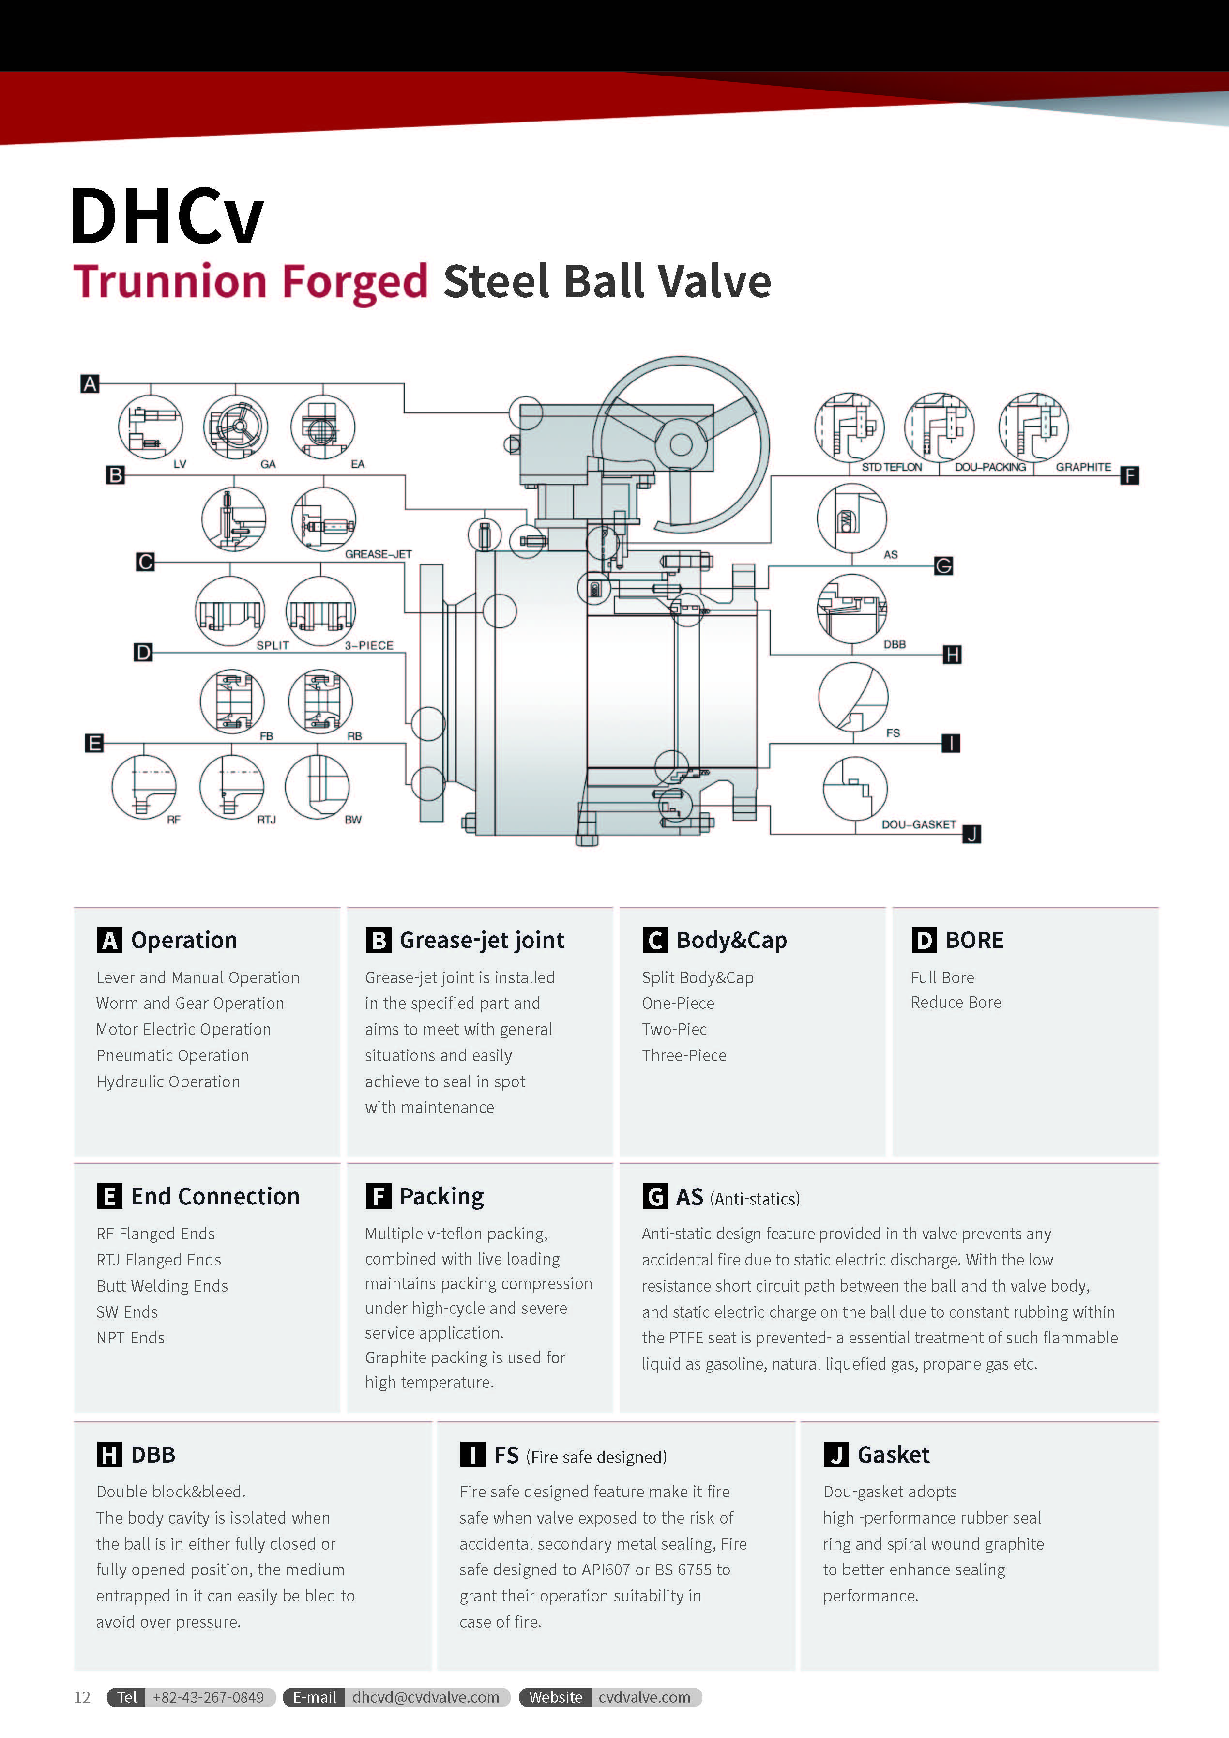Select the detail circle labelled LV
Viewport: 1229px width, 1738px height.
pyautogui.click(x=151, y=427)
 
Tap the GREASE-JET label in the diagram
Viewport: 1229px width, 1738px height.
pyautogui.click(x=379, y=554)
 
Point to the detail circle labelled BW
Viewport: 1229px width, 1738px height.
pyautogui.click(x=317, y=787)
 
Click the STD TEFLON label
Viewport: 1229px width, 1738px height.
pyautogui.click(x=892, y=467)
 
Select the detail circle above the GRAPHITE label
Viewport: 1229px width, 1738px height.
pyautogui.click(x=1033, y=427)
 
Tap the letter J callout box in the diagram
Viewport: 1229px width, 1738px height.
pyautogui.click(x=971, y=834)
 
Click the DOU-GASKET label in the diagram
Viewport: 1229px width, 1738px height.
pyautogui.click(x=919, y=824)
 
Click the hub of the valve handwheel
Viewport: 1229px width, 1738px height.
pyautogui.click(x=681, y=444)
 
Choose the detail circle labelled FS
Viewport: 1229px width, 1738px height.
pyautogui.click(x=853, y=697)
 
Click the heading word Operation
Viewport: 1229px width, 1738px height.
pyautogui.click(x=184, y=940)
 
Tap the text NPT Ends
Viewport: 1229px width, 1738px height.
pyautogui.click(x=130, y=1338)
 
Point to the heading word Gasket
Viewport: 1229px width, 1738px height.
pyautogui.click(x=893, y=1455)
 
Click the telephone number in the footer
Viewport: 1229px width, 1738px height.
pyautogui.click(x=208, y=1697)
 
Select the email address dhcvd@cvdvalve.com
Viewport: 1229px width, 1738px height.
pyautogui.click(x=425, y=1697)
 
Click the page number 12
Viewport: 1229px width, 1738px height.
pyautogui.click(x=82, y=1698)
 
